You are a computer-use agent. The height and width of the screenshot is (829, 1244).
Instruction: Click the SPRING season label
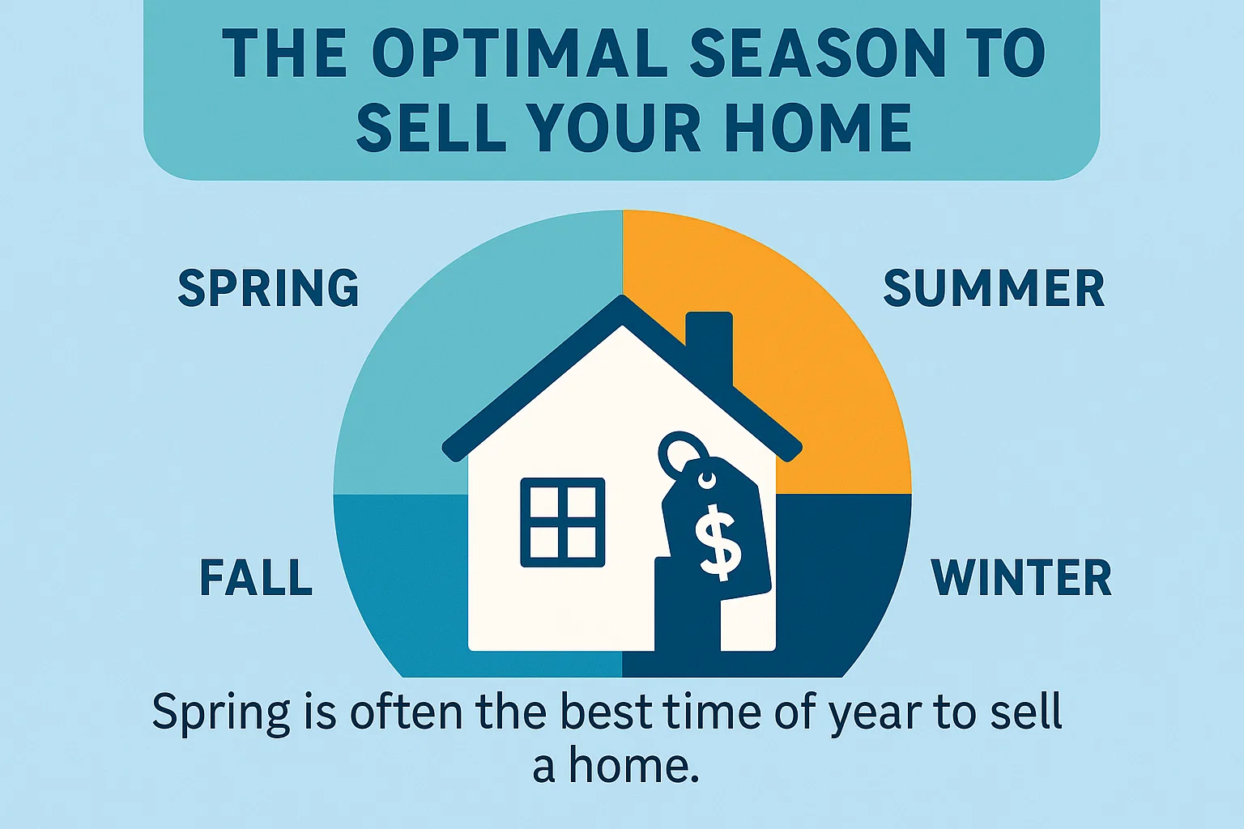point(268,288)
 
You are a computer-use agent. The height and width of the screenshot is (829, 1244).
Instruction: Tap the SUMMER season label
point(994,288)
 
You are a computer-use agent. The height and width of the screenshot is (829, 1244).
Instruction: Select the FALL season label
point(256,577)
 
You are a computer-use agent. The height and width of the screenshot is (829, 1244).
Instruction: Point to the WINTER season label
point(1021,577)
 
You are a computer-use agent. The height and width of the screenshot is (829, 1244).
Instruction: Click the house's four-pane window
point(562,522)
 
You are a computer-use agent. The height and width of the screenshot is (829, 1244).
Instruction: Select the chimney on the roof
point(709,344)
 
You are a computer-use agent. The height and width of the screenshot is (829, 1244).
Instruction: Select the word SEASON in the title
point(818,53)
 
